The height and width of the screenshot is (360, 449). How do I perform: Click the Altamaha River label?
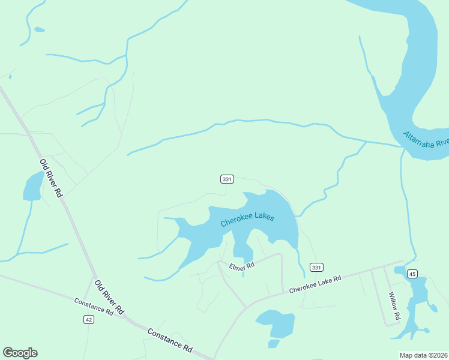click(426, 143)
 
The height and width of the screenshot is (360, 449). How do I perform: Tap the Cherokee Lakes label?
click(247, 218)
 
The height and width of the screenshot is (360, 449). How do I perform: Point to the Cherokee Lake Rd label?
click(315, 284)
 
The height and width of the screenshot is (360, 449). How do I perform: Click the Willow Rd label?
click(393, 305)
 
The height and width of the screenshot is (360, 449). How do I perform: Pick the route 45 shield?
click(412, 274)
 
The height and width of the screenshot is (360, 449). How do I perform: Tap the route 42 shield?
click(89, 320)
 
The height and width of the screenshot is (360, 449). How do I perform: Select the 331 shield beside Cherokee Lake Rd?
click(316, 266)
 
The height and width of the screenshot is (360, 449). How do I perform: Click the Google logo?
click(20, 353)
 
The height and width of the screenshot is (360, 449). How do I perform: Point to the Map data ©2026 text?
click(423, 355)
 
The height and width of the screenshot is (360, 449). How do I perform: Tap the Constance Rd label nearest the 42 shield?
click(94, 307)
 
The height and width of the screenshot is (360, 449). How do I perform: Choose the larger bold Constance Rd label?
click(170, 340)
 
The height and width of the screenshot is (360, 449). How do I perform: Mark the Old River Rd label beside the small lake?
click(52, 178)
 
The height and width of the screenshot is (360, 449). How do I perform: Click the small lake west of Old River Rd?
click(33, 186)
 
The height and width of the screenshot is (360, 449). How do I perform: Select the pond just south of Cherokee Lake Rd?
click(276, 324)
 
